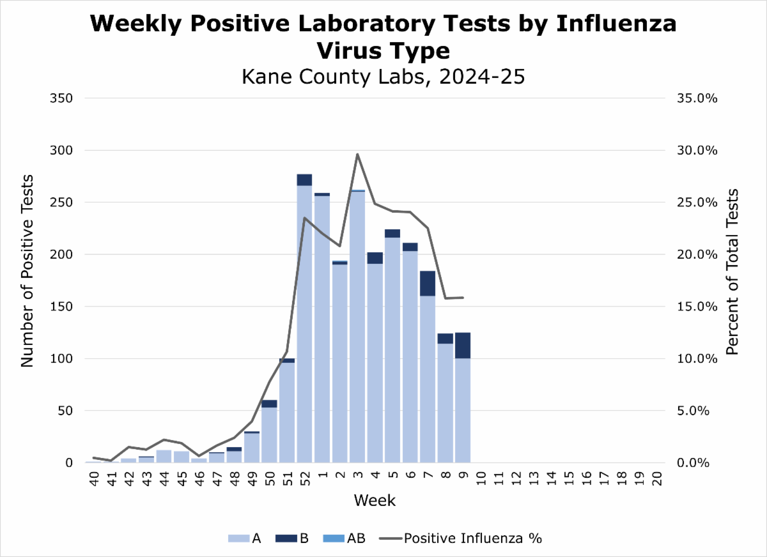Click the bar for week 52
tap(304, 319)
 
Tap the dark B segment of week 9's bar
tap(463, 346)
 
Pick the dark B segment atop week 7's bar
tap(428, 283)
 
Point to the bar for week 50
tap(269, 434)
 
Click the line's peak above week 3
tap(357, 154)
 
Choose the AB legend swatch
tap(334, 538)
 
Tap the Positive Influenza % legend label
tap(472, 538)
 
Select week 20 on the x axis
tap(656, 478)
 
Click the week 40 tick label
tap(93, 478)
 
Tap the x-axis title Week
tap(375, 501)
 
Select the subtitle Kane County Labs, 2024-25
tap(383, 77)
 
